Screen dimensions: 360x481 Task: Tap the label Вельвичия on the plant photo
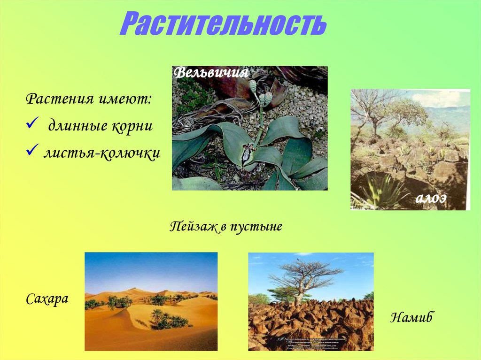pos(211,73)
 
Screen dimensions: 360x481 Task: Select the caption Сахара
pos(47,299)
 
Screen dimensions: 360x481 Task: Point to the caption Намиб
pos(411,318)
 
